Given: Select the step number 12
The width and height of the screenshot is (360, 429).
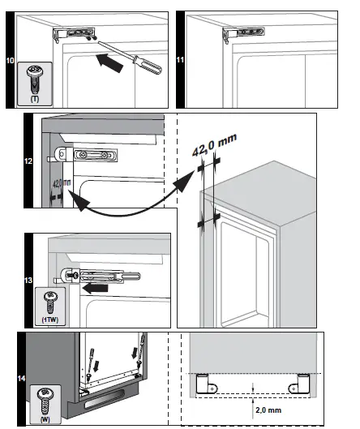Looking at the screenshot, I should (x=29, y=161).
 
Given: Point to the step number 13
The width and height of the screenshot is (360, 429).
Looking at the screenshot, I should (x=29, y=280).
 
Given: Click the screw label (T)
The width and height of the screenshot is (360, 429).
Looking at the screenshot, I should (x=36, y=97).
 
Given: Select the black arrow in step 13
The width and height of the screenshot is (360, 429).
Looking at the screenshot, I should (x=98, y=285).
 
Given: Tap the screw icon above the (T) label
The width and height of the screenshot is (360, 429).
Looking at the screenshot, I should (x=36, y=79).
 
